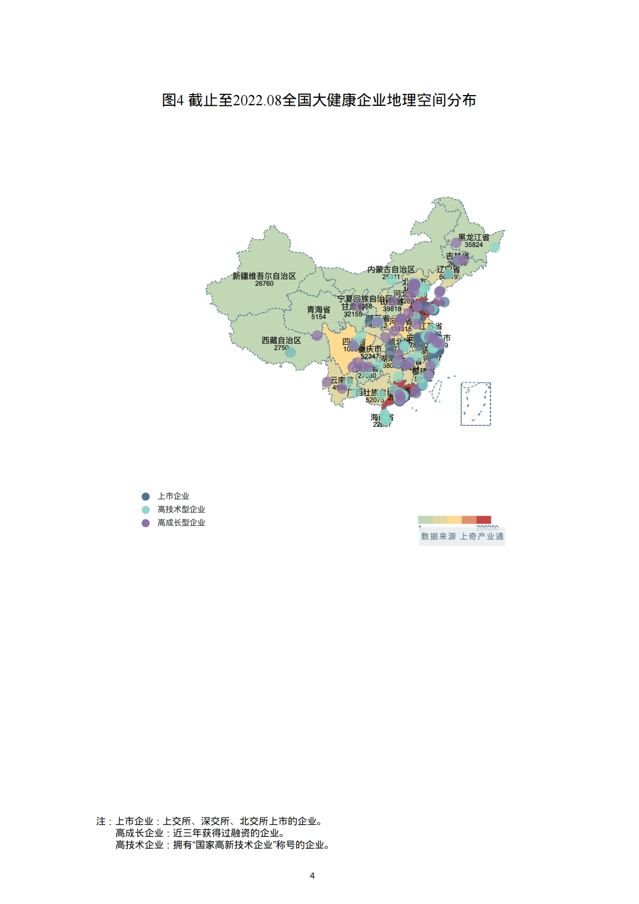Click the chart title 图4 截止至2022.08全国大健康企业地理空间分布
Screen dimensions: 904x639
coord(319,100)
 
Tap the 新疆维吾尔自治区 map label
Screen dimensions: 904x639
coord(264,276)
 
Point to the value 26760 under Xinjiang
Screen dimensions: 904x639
coord(264,284)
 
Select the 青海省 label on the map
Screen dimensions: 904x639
coord(318,309)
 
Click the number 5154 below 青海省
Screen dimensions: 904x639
coord(318,317)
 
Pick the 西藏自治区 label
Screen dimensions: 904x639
coord(281,341)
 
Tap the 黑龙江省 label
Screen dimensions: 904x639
coord(474,237)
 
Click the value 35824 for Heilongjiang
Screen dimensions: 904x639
coord(474,245)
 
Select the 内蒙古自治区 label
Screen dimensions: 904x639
coord(391,270)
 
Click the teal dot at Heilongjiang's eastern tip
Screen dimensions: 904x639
coord(495,247)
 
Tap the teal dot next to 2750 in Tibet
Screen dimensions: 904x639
coord(291,352)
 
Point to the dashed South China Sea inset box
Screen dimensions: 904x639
coord(476,404)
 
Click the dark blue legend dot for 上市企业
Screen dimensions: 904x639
coord(146,496)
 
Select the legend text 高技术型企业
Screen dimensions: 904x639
coord(181,509)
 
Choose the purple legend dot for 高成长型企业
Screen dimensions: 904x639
coord(146,523)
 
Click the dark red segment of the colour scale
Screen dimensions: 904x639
coord(484,519)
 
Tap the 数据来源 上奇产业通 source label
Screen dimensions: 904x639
coord(462,536)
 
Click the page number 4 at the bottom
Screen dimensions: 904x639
coord(312,876)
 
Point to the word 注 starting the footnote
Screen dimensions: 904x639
coord(101,821)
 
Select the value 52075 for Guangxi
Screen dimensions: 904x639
coord(374,400)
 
